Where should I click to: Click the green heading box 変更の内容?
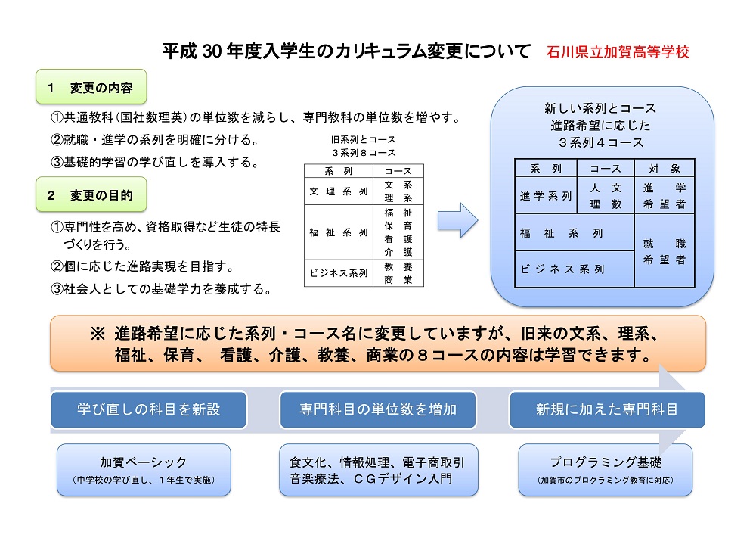pos(91,88)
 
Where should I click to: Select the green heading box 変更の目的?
pos(91,195)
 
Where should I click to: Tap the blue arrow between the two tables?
pos(458,221)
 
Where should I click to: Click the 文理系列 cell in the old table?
pos(338,191)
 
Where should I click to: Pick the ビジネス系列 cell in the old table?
pos(338,273)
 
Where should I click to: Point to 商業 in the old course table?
pos(398,280)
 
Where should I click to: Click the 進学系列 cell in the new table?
pos(545,196)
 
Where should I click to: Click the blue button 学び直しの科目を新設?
pos(149,409)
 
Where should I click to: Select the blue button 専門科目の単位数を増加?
pos(378,409)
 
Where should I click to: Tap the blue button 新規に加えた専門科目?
pos(607,409)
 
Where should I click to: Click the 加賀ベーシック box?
pos(144,469)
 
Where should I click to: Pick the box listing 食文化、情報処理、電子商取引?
pos(378,469)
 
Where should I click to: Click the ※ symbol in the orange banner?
pos(98,334)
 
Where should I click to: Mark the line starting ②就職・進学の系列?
pos(155,140)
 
